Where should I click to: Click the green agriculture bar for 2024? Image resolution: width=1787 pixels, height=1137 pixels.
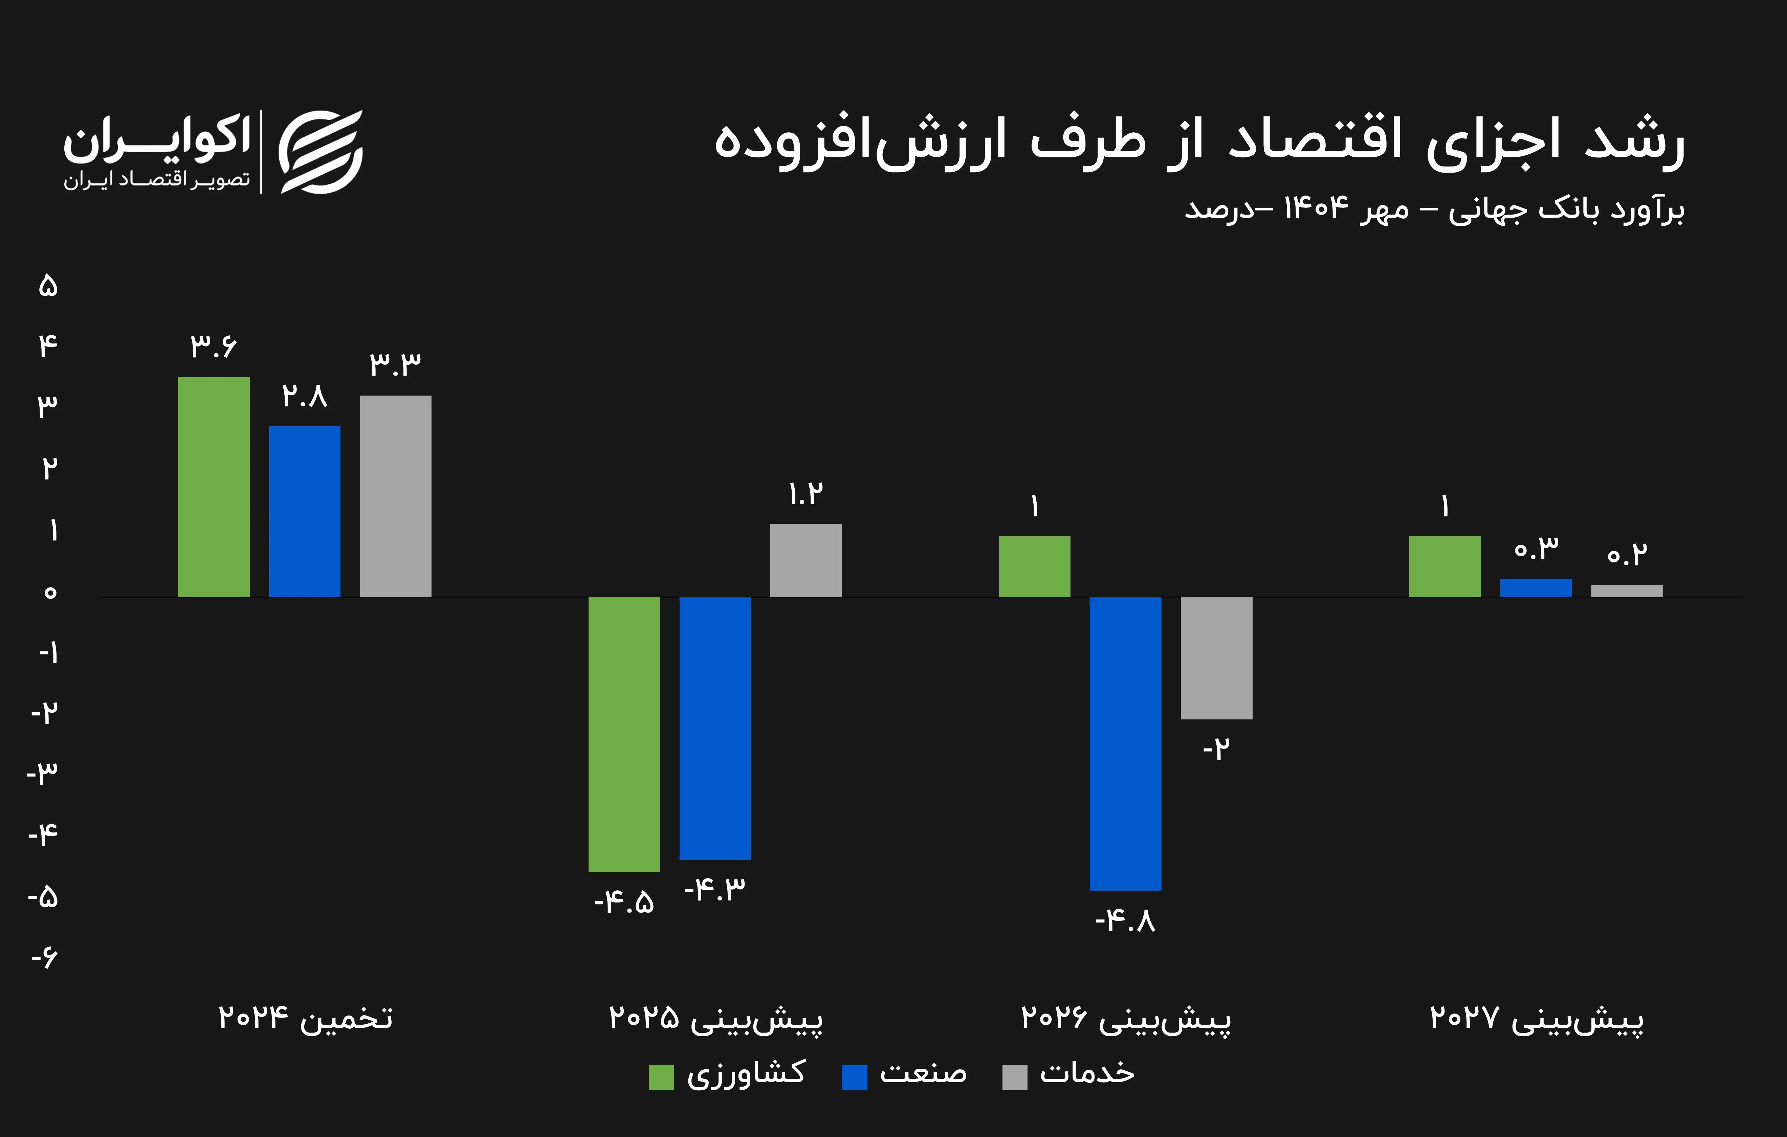[214, 487]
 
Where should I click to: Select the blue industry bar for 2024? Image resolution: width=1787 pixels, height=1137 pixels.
[304, 511]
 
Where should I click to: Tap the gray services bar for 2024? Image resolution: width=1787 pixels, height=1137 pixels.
[396, 496]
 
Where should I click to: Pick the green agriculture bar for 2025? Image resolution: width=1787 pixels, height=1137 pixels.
[624, 734]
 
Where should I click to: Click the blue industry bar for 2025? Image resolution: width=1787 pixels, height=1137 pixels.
[715, 728]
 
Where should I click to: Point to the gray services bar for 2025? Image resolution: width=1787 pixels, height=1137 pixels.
[806, 560]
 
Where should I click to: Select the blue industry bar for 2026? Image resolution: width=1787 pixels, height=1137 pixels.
[1125, 743]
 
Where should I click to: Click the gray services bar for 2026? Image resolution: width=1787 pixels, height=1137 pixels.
[1216, 657]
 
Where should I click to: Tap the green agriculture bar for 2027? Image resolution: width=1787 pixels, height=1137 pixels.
[1445, 566]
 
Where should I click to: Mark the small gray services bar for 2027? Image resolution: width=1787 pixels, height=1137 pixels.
[1627, 591]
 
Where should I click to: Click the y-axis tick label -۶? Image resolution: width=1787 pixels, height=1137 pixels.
[45, 957]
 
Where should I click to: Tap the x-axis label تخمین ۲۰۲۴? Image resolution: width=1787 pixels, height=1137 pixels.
[305, 1018]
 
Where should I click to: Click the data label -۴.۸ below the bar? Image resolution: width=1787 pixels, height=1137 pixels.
[1125, 921]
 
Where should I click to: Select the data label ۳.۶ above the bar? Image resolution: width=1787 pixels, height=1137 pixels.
[214, 346]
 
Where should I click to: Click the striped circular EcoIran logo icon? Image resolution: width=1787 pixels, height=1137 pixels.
[321, 152]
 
